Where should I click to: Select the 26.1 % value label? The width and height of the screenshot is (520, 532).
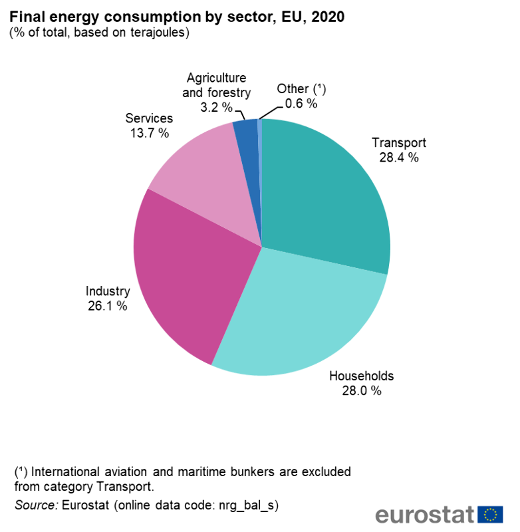tap(108, 307)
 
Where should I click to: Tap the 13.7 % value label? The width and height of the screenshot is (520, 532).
tap(150, 133)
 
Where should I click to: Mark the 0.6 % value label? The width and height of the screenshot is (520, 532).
tap(301, 103)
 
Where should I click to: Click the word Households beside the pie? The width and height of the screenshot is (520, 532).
tap(362, 376)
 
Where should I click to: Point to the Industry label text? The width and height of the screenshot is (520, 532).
tap(108, 291)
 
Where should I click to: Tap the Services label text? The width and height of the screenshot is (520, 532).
tap(150, 118)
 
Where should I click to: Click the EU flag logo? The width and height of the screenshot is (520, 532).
tap(491, 514)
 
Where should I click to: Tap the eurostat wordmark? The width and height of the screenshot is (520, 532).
tap(424, 515)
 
